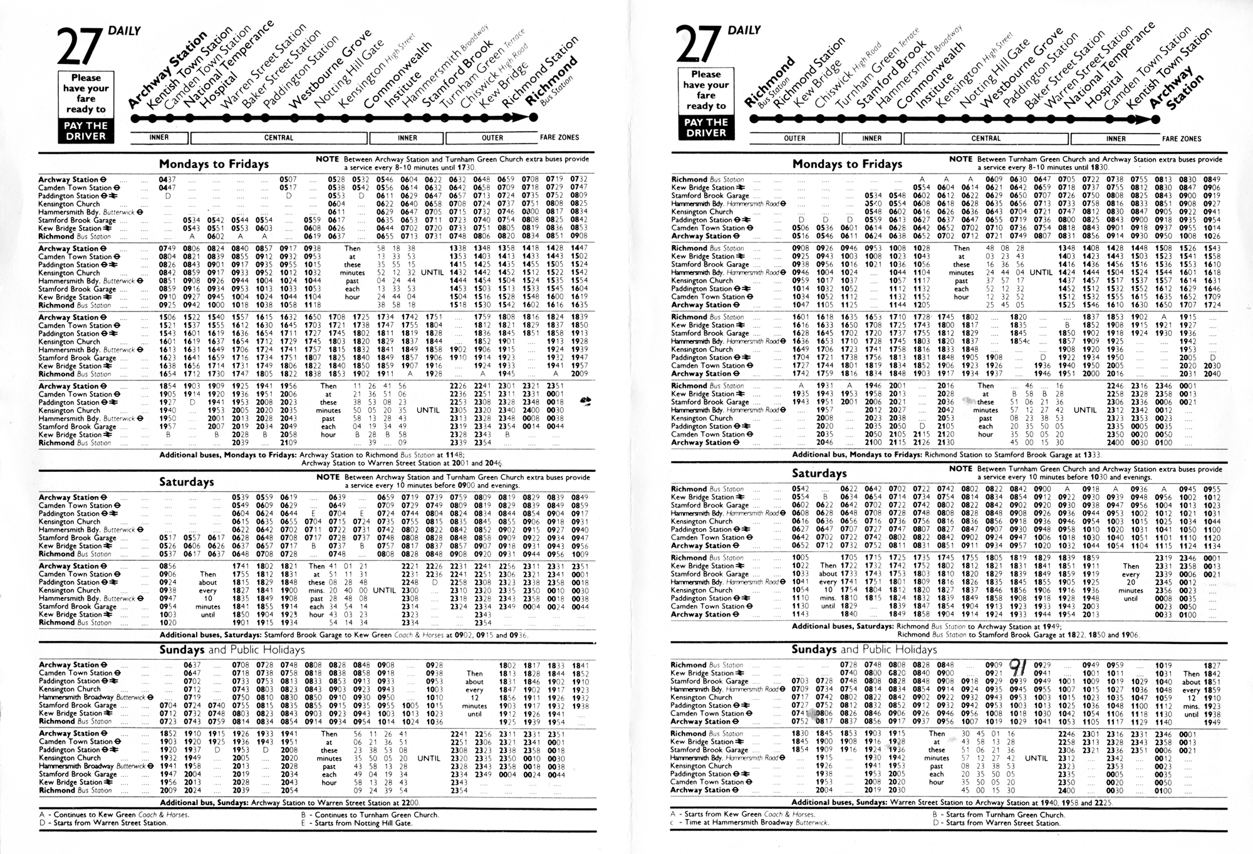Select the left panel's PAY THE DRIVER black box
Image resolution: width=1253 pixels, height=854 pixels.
[86, 130]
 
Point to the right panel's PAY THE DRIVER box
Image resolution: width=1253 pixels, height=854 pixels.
[705, 127]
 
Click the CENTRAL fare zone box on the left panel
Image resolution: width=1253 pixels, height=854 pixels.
[279, 138]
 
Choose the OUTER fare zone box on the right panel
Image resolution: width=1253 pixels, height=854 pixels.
[794, 138]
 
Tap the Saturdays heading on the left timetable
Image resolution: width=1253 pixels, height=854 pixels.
[186, 482]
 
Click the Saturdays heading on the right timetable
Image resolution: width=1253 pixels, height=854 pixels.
[819, 474]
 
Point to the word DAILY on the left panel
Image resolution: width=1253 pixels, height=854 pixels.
[124, 31]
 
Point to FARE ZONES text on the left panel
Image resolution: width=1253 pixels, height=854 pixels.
[559, 138]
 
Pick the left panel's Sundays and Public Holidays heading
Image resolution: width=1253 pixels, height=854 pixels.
[232, 650]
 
